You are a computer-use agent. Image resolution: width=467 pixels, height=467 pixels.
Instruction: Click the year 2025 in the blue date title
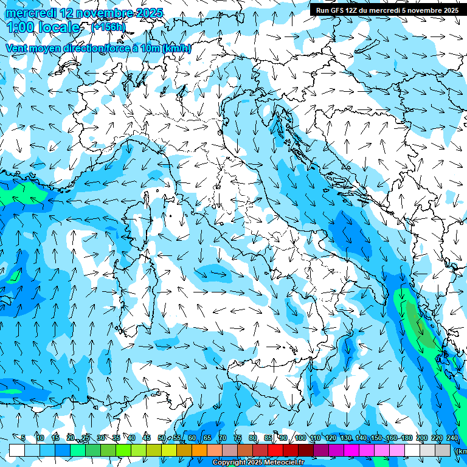[134, 13]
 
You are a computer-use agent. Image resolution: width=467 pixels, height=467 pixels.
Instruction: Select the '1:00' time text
[21, 27]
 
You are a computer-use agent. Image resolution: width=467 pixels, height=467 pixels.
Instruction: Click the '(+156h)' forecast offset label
[108, 27]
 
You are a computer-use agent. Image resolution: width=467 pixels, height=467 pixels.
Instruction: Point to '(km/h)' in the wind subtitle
[177, 48]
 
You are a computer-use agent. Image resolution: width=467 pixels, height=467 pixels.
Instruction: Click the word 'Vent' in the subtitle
[17, 48]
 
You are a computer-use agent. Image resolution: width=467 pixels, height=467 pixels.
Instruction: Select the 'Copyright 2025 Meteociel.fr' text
[258, 463]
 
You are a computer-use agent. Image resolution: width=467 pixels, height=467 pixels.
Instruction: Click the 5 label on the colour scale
[23, 438]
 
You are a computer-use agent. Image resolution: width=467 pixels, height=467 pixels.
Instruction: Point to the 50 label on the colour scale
[161, 438]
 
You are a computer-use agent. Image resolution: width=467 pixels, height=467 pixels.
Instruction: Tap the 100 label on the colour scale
[300, 438]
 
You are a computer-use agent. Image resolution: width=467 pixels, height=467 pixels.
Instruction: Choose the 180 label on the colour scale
[406, 438]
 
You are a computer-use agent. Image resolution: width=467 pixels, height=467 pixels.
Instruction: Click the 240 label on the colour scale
[452, 438]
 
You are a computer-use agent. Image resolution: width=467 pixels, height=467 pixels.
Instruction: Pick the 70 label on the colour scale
[223, 438]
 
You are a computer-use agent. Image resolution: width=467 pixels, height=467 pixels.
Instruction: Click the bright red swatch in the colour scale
[275, 450]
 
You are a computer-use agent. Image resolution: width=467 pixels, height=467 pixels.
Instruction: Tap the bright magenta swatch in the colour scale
[351, 450]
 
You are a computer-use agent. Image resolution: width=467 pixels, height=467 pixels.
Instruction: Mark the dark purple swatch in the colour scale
[321, 450]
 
